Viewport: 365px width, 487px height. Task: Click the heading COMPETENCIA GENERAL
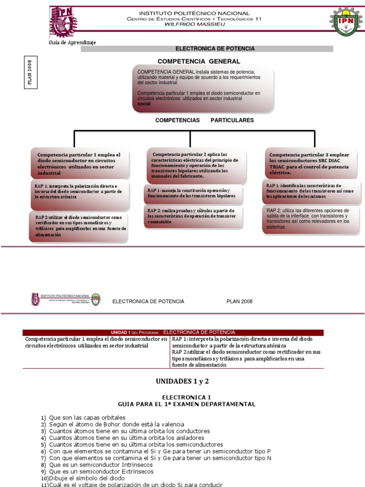[x=199, y=61]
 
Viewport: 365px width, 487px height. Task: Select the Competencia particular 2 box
[x=197, y=166]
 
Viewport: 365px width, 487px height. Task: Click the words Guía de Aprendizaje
[x=72, y=42]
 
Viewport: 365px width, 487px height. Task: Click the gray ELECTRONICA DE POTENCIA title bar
[x=215, y=49]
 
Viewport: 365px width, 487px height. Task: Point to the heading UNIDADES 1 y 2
[x=182, y=381]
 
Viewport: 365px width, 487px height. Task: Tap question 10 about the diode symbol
[x=83, y=478]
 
